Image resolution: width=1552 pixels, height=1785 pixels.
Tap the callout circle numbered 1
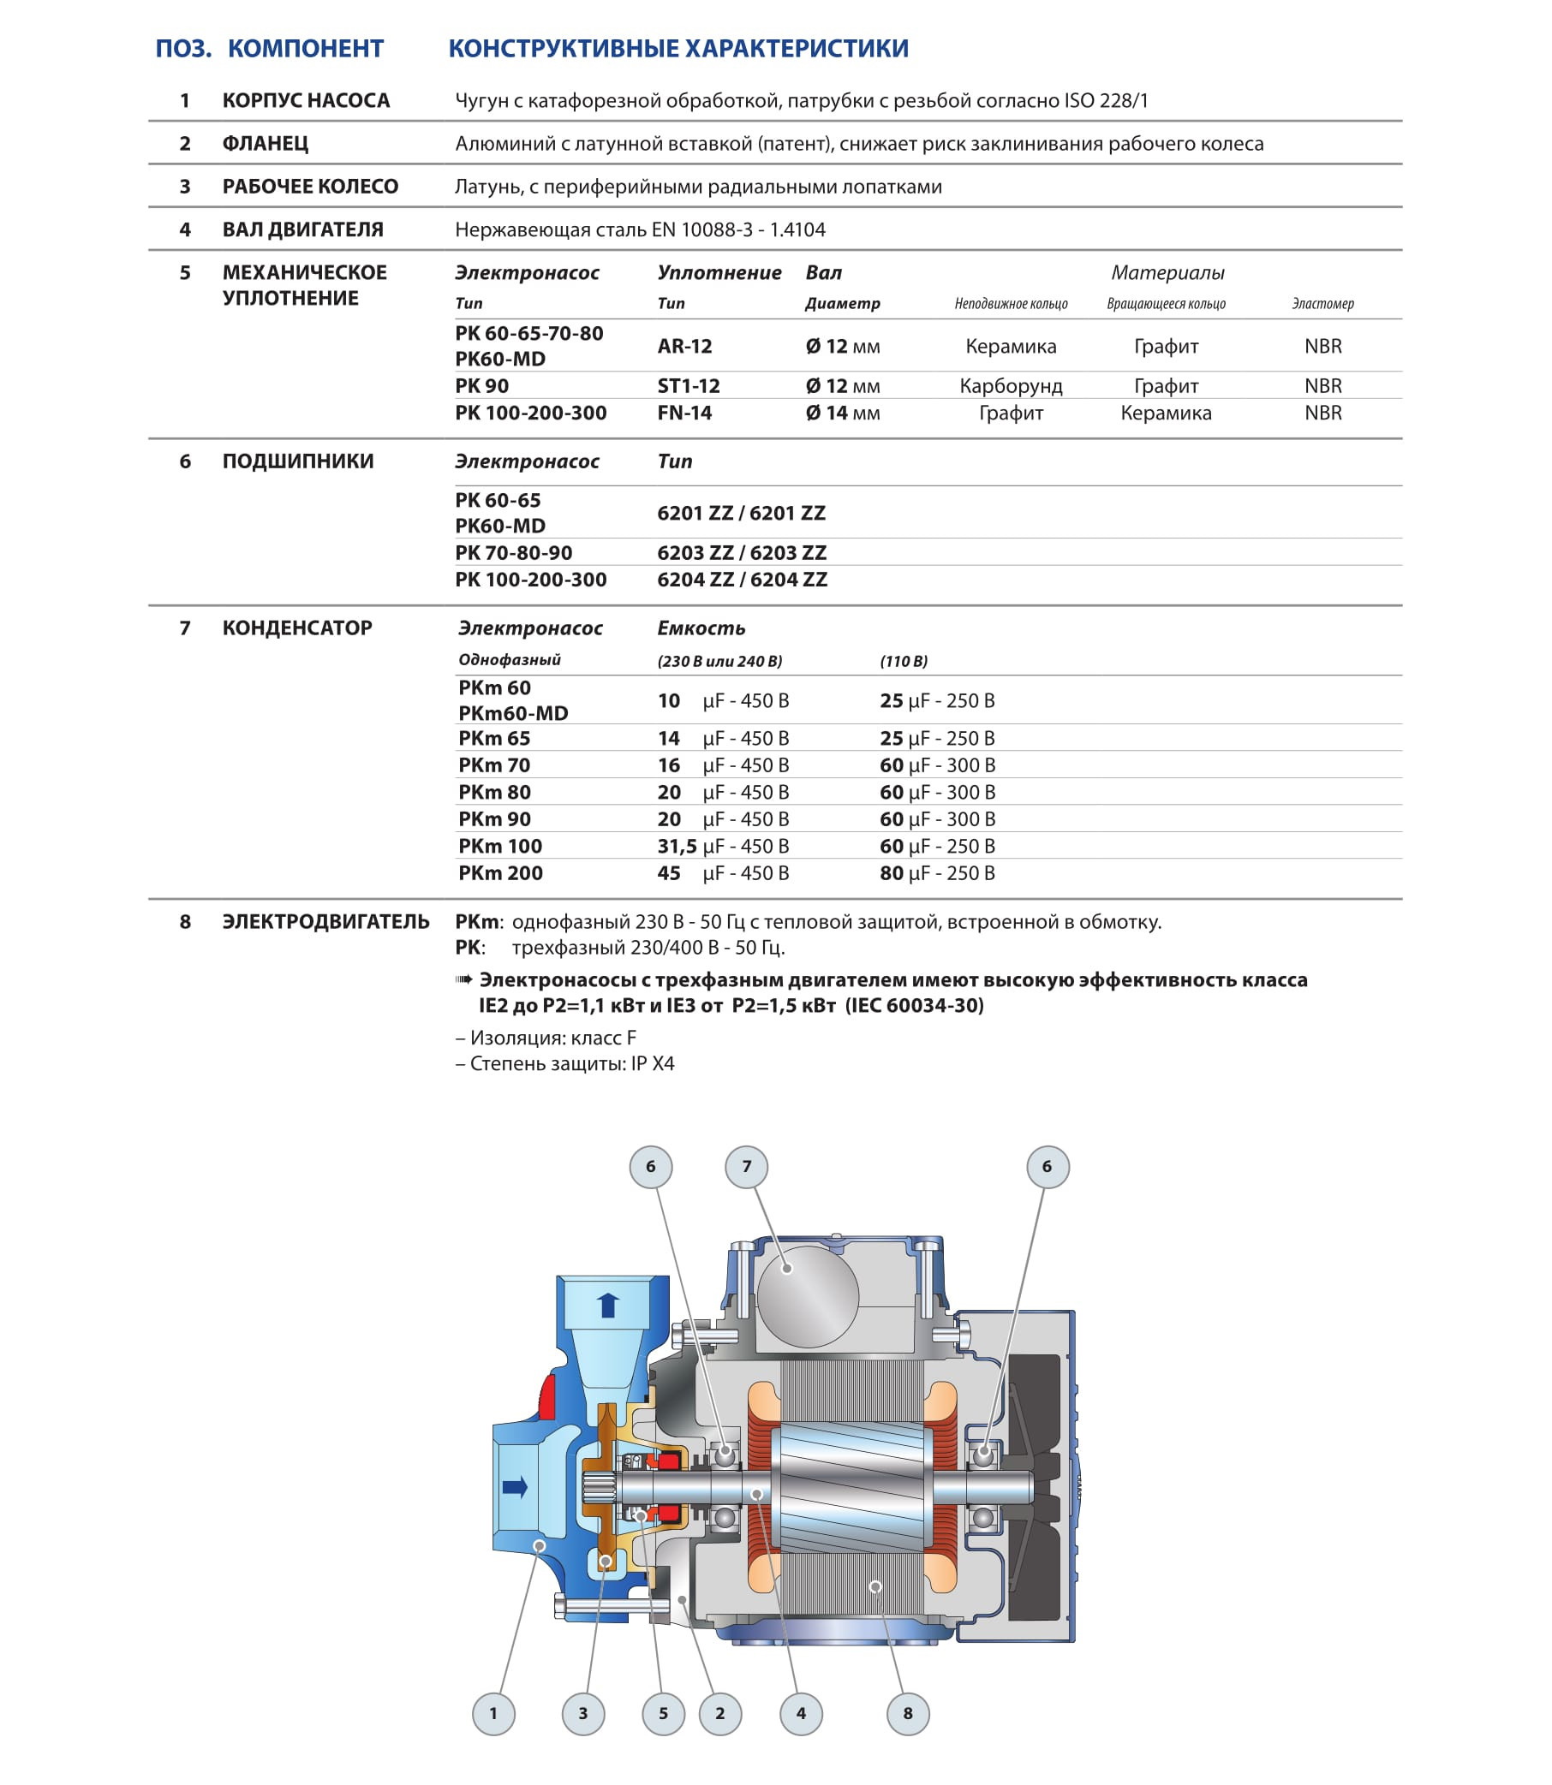pos(493,1713)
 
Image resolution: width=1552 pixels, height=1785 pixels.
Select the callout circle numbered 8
pos(908,1713)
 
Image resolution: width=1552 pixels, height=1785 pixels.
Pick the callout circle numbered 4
pos(800,1713)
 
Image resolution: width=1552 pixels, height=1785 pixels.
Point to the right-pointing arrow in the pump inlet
pos(516,1487)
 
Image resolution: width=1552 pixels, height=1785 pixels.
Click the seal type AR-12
pos(684,346)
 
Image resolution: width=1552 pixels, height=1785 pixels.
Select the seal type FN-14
pos(684,413)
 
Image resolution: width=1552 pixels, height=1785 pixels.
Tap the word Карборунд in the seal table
pos(1011,386)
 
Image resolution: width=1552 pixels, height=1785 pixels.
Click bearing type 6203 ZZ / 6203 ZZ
pos(742,552)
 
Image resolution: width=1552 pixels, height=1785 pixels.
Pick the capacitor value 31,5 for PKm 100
pos(677,846)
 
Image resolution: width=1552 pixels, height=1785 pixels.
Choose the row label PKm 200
pos(500,872)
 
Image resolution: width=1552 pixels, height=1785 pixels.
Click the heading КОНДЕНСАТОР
pos(297,628)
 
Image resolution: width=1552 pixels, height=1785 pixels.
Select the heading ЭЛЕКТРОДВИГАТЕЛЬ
pos(325,921)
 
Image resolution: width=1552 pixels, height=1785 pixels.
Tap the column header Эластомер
pos(1322,304)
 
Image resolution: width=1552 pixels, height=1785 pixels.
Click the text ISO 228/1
pos(1106,100)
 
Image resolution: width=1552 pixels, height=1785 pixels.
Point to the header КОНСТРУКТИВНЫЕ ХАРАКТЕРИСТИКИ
pos(678,49)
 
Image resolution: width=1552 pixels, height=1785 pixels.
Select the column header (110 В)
pos(904,662)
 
